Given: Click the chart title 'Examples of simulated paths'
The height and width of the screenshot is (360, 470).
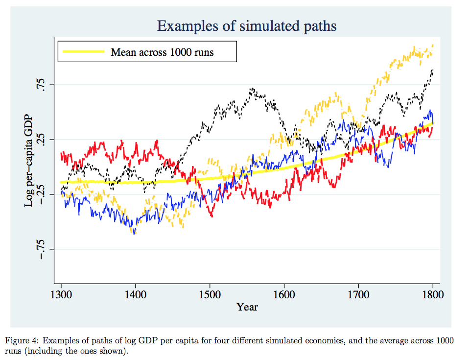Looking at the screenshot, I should tap(247, 26).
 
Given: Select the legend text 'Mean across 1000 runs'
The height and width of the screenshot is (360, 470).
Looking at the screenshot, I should tap(162, 51).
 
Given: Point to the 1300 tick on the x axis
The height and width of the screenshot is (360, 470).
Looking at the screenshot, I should tap(61, 294).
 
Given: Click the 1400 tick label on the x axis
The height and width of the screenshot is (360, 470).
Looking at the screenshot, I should tap(135, 294).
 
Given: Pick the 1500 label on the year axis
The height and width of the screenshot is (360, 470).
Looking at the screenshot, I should tap(210, 294).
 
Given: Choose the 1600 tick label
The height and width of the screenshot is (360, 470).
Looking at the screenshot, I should tap(284, 294).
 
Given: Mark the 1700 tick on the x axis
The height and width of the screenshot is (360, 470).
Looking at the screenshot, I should tap(358, 294).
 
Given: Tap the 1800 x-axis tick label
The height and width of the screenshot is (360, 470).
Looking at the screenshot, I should tap(432, 294).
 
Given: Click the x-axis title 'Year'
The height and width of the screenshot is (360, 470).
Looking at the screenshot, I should tap(247, 307).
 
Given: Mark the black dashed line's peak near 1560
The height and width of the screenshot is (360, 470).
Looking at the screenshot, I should tap(252, 89).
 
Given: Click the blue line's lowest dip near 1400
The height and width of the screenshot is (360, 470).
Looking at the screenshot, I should tap(134, 233).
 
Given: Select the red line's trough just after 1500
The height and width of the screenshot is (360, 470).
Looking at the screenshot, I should tap(211, 216).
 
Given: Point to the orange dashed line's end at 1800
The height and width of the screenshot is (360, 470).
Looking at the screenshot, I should tap(433, 46).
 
